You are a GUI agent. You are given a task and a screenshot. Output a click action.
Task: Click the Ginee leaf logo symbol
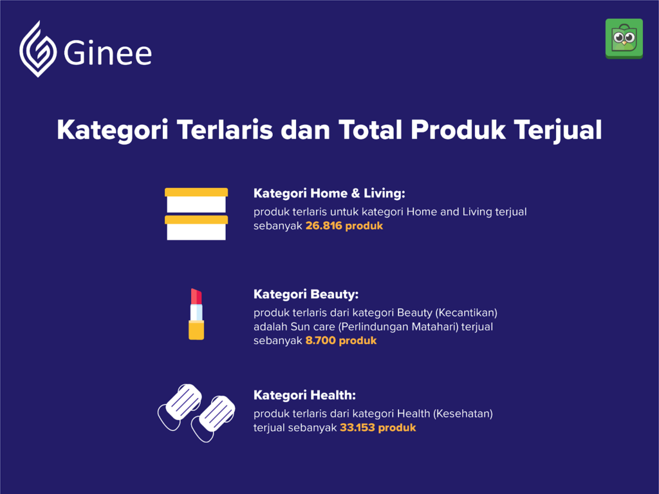38,49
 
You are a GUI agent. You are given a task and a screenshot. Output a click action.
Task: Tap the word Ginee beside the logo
107,53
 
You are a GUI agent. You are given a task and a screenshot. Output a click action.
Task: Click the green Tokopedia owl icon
624,39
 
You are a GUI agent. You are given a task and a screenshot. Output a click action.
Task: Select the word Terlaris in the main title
225,129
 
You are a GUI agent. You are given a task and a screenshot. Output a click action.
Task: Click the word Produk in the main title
458,129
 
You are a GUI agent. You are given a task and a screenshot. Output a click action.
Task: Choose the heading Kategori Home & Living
329,193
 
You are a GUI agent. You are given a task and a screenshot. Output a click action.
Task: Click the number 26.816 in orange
324,226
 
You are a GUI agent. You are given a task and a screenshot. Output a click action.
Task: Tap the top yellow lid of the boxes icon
196,192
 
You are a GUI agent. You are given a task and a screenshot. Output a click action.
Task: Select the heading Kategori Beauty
306,294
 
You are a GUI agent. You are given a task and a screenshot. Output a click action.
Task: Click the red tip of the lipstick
196,296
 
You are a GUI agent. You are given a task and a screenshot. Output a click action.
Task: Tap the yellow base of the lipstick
196,330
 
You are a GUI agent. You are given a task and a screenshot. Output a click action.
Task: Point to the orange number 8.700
320,340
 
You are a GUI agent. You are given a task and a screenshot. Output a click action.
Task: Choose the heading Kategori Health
304,395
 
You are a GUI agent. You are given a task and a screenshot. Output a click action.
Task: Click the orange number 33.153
357,428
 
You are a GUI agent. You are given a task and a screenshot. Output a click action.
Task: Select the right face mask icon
213,418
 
